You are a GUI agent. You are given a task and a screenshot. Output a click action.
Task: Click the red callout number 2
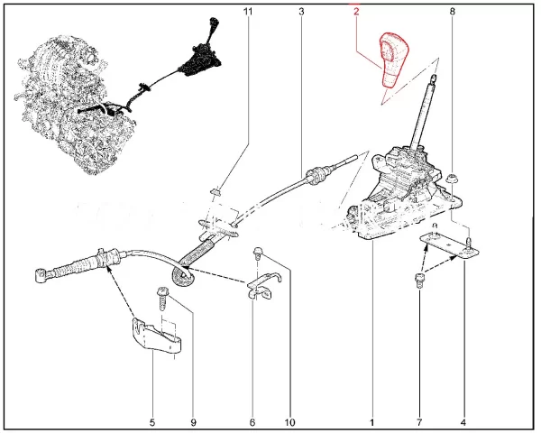(x=356, y=12)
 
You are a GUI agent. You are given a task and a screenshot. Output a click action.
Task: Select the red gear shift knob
(x=394, y=60)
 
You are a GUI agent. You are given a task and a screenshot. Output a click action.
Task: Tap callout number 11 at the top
(x=248, y=12)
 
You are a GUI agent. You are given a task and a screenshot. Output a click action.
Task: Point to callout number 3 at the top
(x=301, y=12)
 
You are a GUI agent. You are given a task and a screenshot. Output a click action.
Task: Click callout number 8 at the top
(x=453, y=12)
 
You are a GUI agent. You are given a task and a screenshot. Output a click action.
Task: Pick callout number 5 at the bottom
(x=152, y=422)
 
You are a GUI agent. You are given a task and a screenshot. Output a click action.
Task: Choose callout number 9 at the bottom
(x=193, y=422)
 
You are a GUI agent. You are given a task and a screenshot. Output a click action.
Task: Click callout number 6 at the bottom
(x=252, y=422)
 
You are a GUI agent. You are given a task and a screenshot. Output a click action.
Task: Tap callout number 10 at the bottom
(x=290, y=422)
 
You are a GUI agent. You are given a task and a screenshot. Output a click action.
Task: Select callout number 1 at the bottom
(x=371, y=422)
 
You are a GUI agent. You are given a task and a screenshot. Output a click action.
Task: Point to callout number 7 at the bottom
(x=419, y=422)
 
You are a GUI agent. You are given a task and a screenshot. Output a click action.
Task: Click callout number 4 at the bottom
(x=463, y=422)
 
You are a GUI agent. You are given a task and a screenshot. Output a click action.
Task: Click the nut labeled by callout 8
(x=450, y=180)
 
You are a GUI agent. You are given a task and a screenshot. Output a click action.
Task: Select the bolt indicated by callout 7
(x=419, y=280)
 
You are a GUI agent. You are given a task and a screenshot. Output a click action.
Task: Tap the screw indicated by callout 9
(x=162, y=298)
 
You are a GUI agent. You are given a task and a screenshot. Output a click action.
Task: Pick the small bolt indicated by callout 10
(x=258, y=253)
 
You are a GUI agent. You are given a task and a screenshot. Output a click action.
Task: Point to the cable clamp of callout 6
(x=263, y=286)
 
